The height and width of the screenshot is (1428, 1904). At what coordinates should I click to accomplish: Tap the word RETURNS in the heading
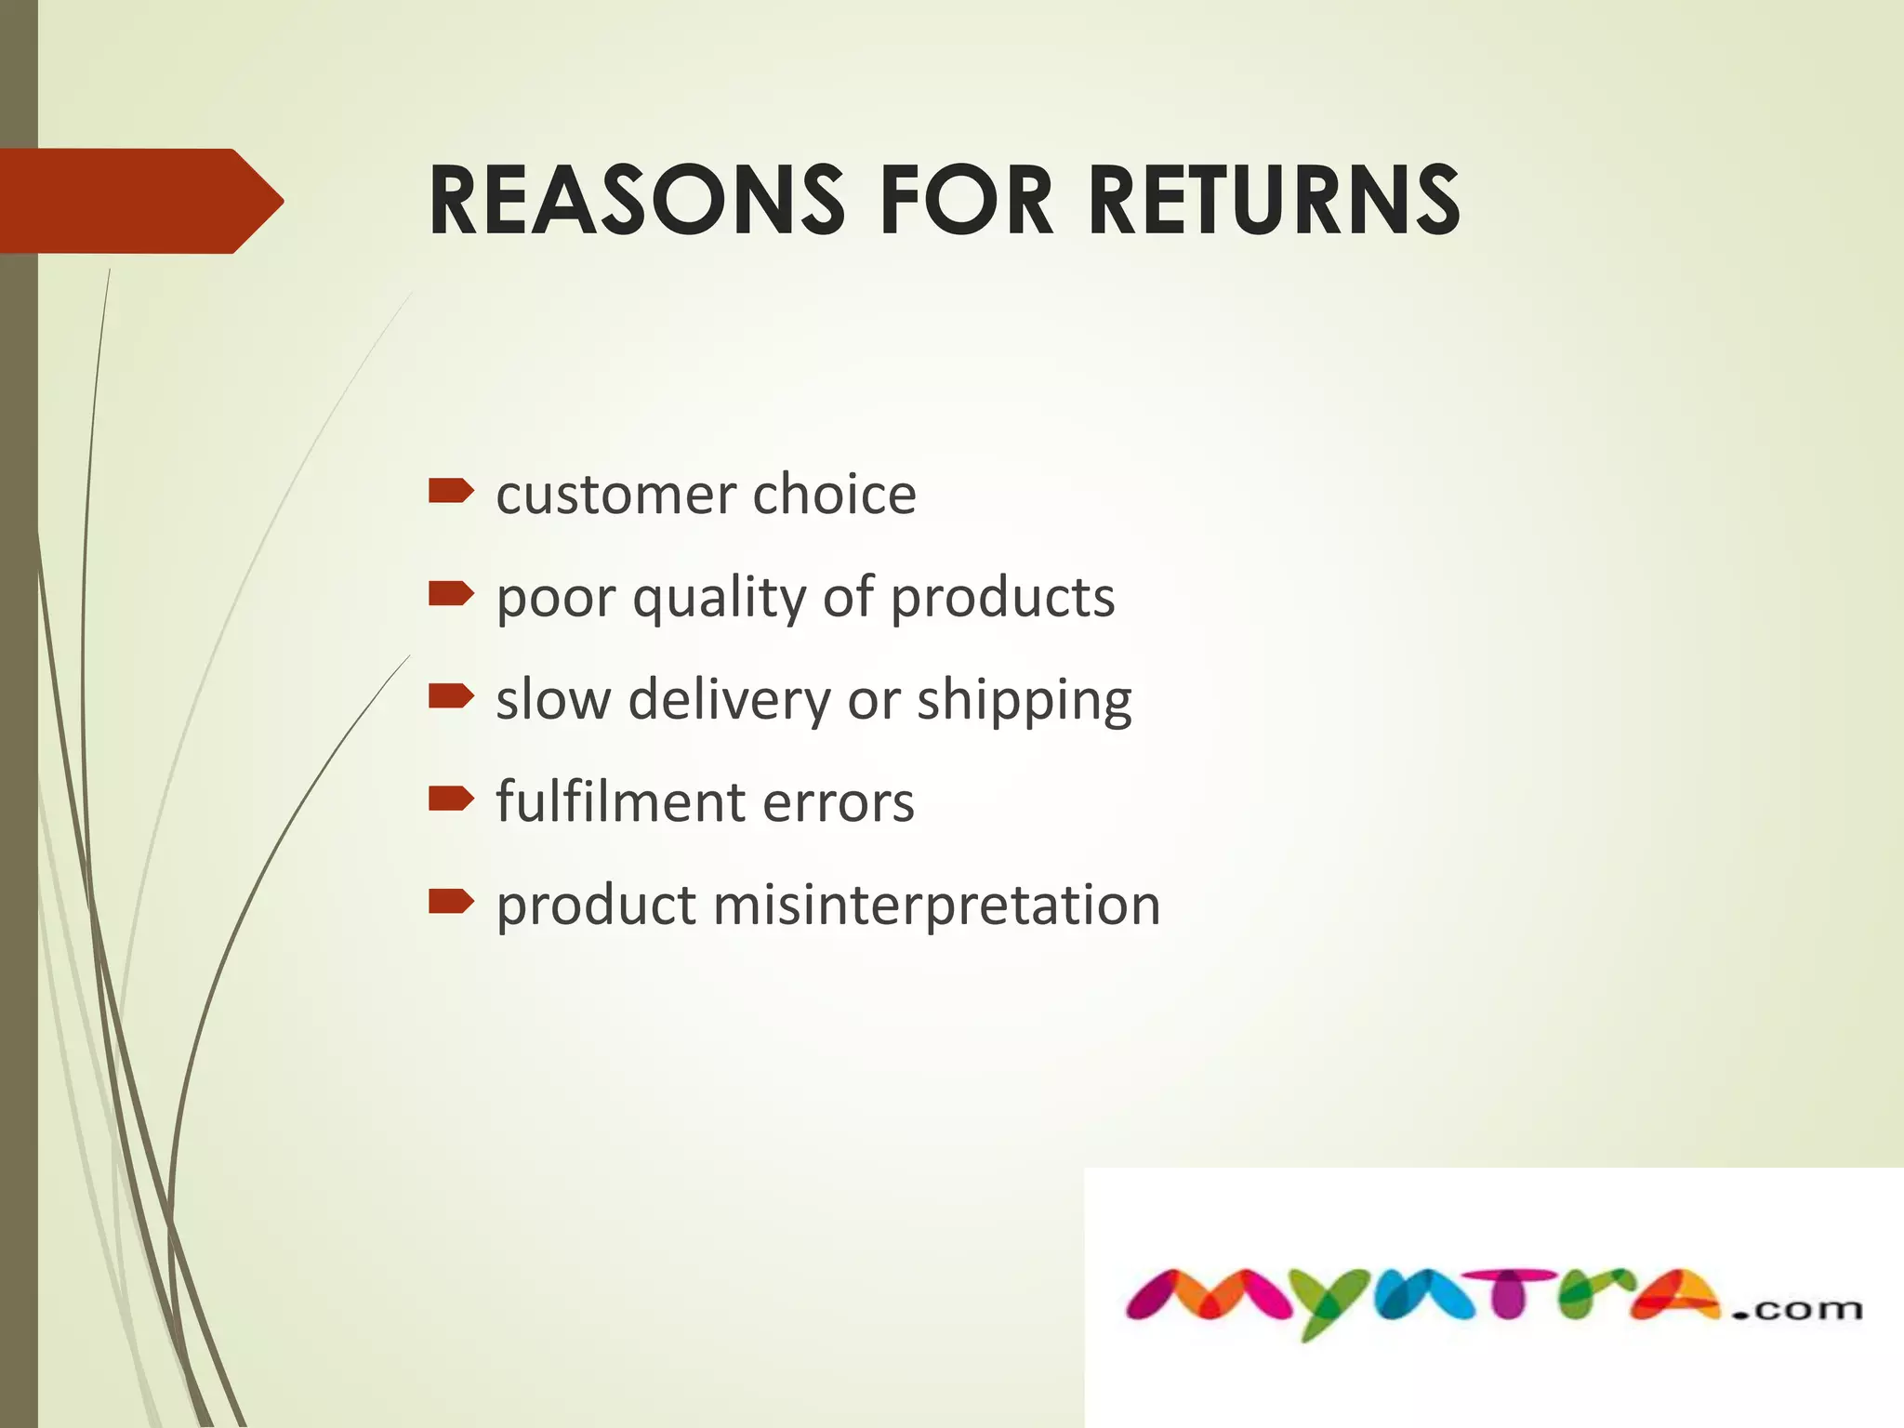click(1274, 201)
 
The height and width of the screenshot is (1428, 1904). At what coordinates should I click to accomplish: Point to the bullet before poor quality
click(451, 593)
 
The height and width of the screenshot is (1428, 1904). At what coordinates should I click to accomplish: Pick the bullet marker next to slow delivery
click(451, 695)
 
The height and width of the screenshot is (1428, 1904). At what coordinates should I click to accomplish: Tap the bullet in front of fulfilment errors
click(451, 799)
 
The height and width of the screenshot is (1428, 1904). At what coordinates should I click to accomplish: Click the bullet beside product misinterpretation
click(451, 901)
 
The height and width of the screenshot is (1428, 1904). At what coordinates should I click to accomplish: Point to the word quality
click(720, 598)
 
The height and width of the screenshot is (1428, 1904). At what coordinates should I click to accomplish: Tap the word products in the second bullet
click(1003, 597)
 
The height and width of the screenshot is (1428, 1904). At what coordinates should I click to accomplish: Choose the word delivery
click(728, 699)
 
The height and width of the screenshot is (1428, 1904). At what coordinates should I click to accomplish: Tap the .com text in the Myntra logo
click(1796, 1310)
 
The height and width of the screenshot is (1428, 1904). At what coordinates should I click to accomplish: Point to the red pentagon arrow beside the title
click(139, 201)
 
